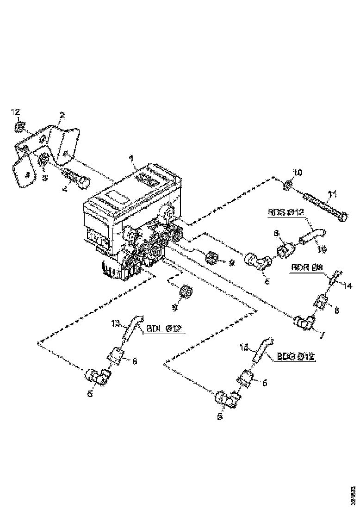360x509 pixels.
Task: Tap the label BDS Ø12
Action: pyautogui.click(x=286, y=213)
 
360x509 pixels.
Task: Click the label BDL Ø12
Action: pyautogui.click(x=165, y=329)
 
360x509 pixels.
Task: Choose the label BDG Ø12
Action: pyautogui.click(x=296, y=356)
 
